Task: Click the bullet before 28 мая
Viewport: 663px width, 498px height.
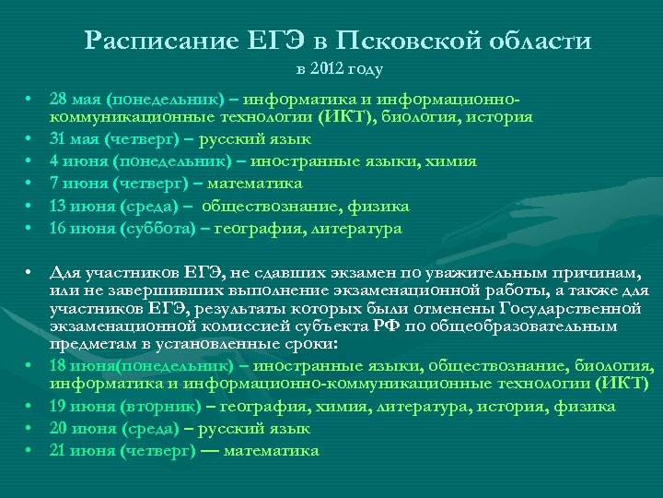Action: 30,99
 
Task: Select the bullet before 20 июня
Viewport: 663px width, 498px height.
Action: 30,429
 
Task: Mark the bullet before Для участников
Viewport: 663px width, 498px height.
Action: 30,274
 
